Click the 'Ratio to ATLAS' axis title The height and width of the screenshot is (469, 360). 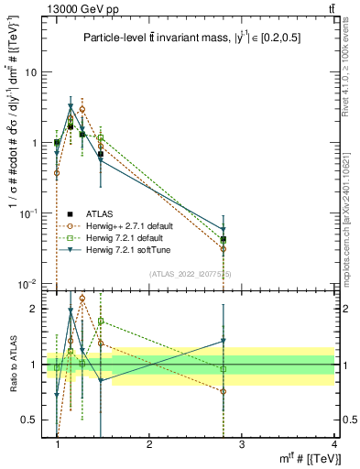[x=12, y=365]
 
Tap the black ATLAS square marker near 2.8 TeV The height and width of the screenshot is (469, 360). [x=224, y=240]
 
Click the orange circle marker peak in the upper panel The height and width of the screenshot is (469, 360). [x=82, y=109]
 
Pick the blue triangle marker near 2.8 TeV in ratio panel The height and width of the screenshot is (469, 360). [x=224, y=341]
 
